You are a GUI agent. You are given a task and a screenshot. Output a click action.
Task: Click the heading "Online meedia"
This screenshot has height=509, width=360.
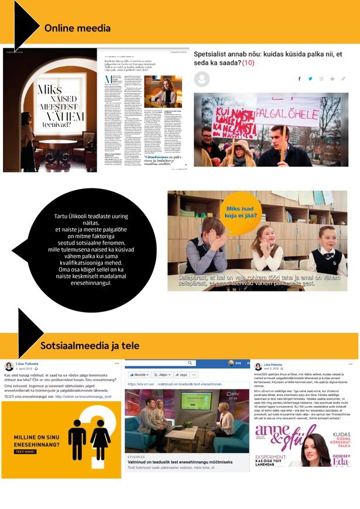click(x=77, y=28)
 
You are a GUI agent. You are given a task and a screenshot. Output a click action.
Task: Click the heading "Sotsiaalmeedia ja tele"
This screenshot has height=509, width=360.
click(x=90, y=345)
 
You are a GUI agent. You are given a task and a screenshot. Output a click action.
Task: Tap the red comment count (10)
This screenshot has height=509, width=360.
click(x=247, y=63)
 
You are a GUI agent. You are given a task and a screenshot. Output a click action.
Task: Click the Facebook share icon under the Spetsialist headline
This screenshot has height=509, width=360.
click(x=300, y=78)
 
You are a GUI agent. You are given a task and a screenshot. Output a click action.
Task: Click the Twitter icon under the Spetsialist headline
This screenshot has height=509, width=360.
click(x=310, y=78)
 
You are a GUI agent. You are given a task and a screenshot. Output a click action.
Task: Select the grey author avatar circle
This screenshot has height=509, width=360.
click(x=201, y=78)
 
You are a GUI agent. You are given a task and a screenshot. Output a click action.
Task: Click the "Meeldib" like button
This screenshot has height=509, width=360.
click(x=139, y=374)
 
